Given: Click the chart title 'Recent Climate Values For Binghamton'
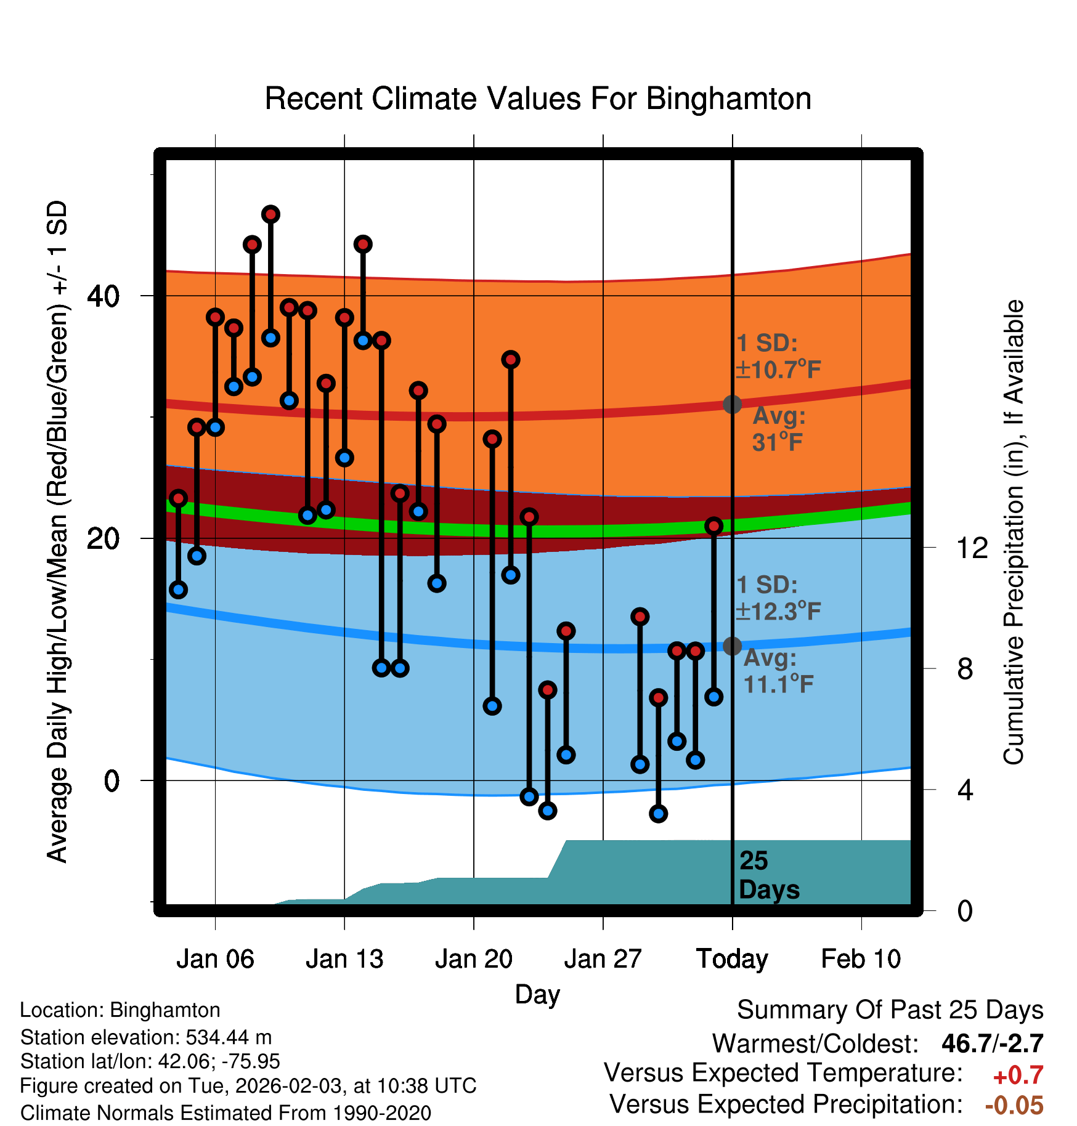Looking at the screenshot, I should pyautogui.click(x=538, y=99).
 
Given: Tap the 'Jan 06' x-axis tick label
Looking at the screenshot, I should pyautogui.click(x=215, y=959).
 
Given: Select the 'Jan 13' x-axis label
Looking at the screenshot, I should pyautogui.click(x=344, y=959).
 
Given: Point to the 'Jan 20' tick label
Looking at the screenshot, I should pyautogui.click(x=474, y=959).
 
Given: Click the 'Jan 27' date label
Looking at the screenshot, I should pyautogui.click(x=603, y=959).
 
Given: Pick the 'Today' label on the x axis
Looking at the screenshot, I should pyautogui.click(x=732, y=959).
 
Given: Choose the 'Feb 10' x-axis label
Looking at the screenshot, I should pyautogui.click(x=861, y=959).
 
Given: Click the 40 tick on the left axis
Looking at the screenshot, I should pyautogui.click(x=104, y=296).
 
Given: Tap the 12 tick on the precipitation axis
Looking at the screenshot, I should pyautogui.click(x=972, y=548).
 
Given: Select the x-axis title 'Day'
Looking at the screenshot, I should pyautogui.click(x=537, y=994).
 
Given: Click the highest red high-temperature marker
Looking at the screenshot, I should pyautogui.click(x=270, y=214).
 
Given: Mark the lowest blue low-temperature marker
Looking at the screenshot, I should pyautogui.click(x=659, y=814).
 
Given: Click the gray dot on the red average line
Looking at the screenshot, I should pyautogui.click(x=732, y=404).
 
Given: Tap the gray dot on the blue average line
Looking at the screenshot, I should pyautogui.click(x=732, y=646).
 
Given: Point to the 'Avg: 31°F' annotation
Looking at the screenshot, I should pyautogui.click(x=779, y=429).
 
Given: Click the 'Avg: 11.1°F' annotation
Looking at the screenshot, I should pyautogui.click(x=778, y=671).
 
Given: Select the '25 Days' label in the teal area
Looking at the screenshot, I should pyautogui.click(x=768, y=875).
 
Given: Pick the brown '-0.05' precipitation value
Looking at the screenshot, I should pyautogui.click(x=1014, y=1106).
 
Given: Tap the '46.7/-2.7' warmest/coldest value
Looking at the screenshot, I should pyautogui.click(x=992, y=1044).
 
